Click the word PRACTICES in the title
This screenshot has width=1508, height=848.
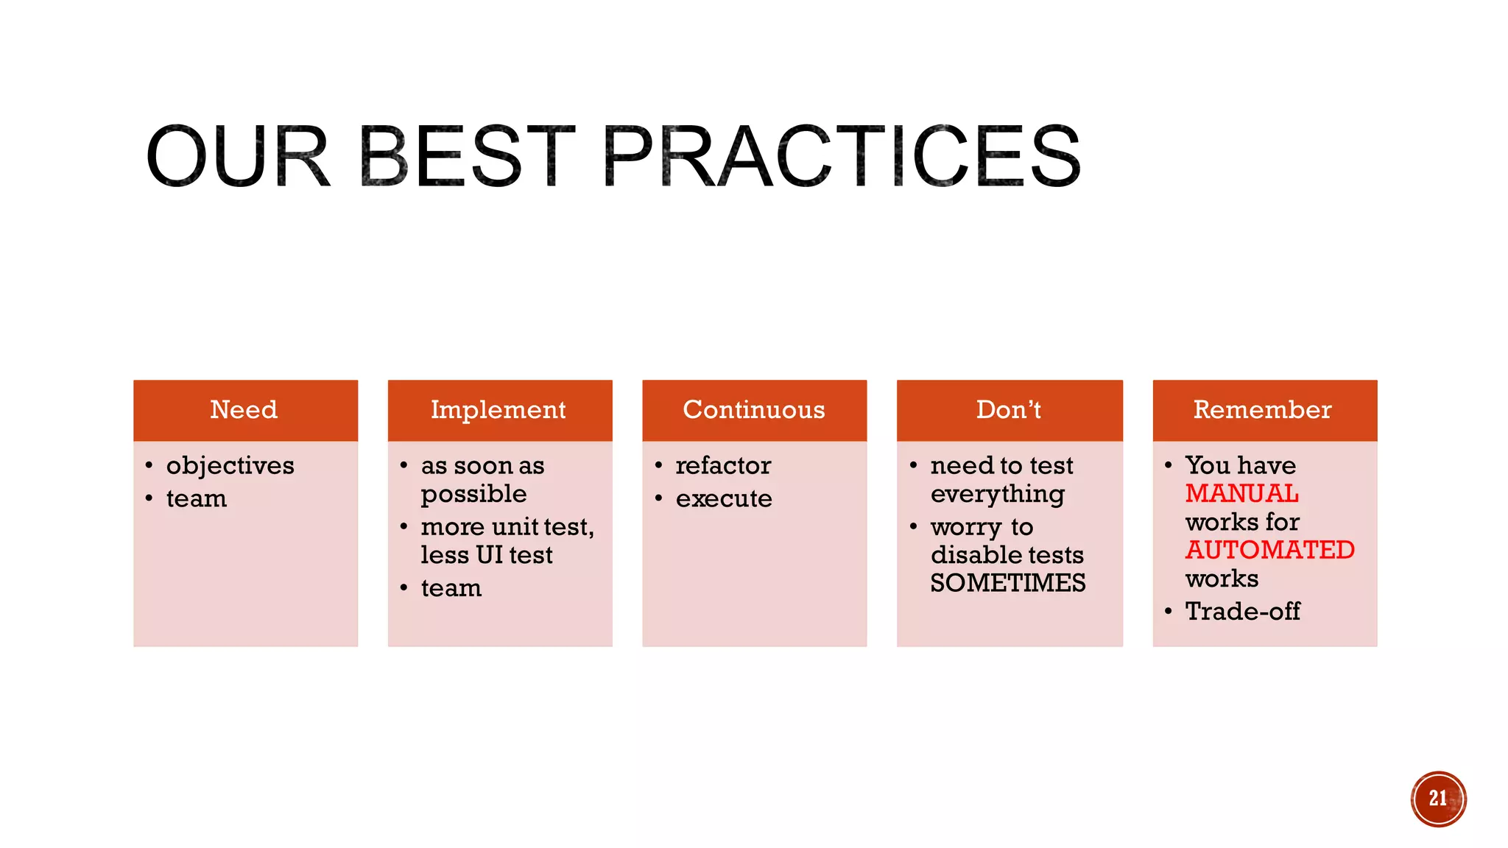pos(842,156)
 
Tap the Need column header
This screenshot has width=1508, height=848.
pos(244,410)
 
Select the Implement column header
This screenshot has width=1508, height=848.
pos(498,410)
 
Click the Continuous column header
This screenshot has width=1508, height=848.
pos(754,410)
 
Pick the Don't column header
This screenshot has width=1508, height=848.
pos(1009,410)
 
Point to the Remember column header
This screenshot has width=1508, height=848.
pos(1263,410)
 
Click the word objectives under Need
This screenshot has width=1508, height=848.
pos(230,466)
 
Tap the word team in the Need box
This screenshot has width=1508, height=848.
pos(197,499)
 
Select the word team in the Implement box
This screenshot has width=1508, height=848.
pos(451,588)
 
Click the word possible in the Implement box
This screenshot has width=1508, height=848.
pos(473,495)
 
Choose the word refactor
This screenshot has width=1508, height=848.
pos(723,466)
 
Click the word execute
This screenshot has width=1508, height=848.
pos(724,499)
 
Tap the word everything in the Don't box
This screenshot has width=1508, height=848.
pos(997,495)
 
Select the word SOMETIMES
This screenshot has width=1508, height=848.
pos(1007,583)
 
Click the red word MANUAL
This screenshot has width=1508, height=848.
pos(1241,493)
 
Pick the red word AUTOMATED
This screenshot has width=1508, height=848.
pos(1269,550)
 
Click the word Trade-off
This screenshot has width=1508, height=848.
pos(1242,611)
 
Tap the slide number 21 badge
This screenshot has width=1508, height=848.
pos(1438,799)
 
